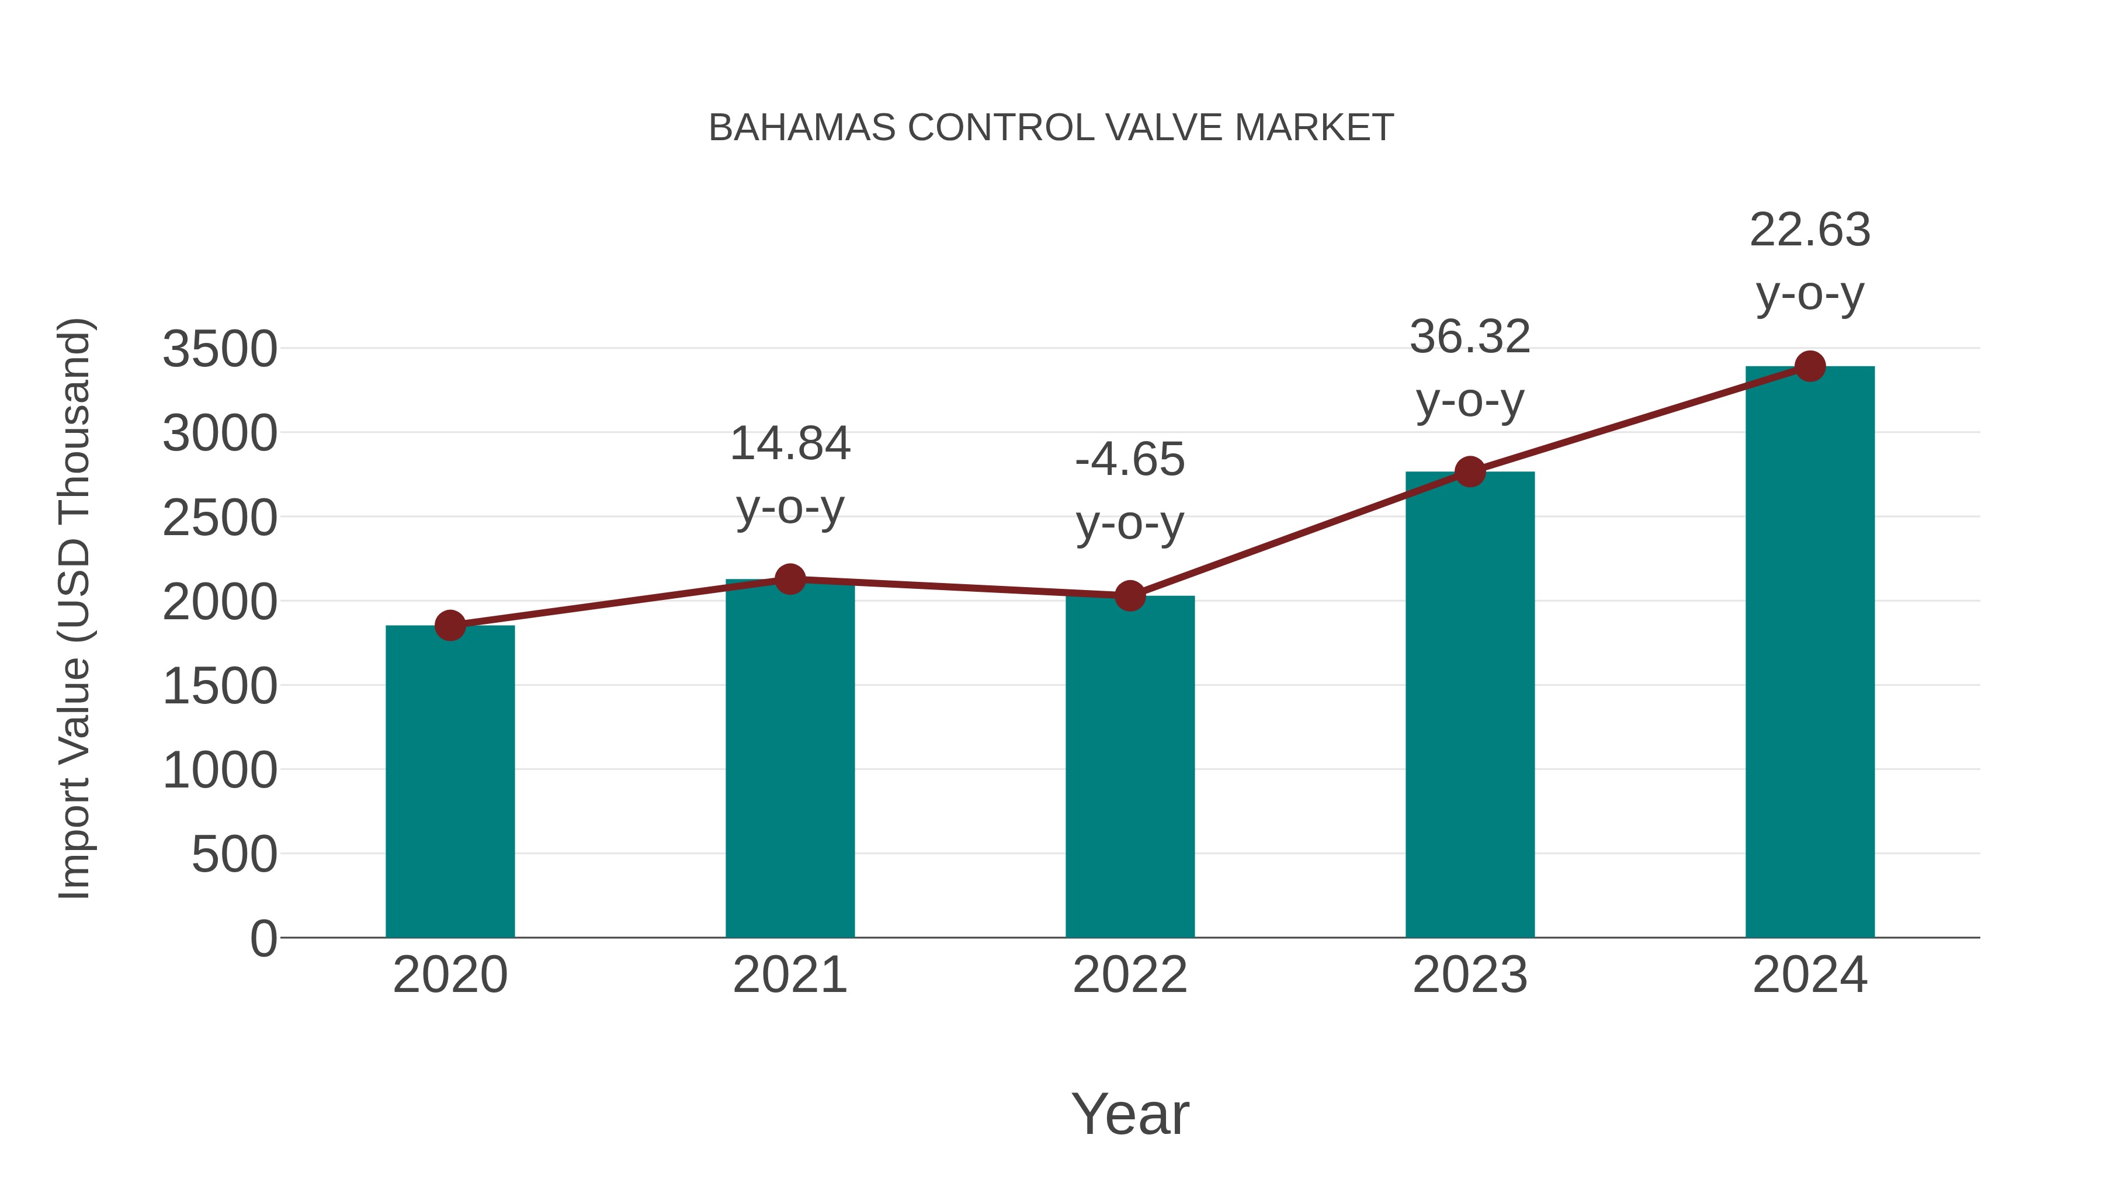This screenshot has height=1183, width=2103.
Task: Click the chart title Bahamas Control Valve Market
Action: point(1051,128)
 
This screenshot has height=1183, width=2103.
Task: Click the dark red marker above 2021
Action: point(789,580)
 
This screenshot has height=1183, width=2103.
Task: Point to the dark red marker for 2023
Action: point(1470,472)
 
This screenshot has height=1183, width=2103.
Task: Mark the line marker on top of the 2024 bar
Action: point(1810,366)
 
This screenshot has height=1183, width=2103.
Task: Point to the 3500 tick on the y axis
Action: point(220,349)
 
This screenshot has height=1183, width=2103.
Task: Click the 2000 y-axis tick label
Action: point(220,602)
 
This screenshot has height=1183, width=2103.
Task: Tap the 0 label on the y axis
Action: point(263,939)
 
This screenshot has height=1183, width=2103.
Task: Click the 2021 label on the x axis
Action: point(789,975)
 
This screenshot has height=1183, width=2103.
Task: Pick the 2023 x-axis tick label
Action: point(1470,975)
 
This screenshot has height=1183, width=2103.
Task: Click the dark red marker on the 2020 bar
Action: point(450,626)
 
